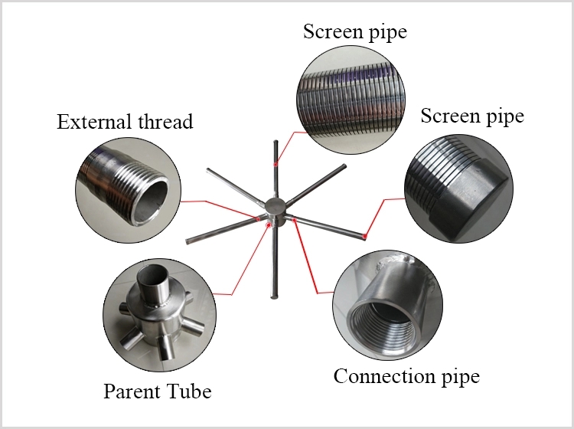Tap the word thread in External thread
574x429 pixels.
(161, 121)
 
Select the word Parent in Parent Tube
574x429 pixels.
(129, 392)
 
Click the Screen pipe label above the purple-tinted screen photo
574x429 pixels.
(355, 32)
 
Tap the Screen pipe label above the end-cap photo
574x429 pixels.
(473, 116)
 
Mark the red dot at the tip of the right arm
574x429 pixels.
(366, 237)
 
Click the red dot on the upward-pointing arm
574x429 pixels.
(276, 162)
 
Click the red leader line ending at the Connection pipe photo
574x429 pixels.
(311, 260)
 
